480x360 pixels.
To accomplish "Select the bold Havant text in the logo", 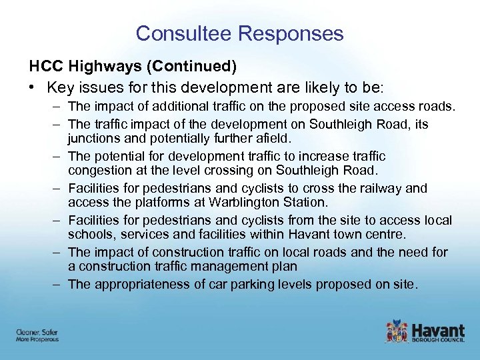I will pyautogui.click(x=437, y=329).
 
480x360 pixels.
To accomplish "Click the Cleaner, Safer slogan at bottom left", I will pyautogui.click(x=37, y=332).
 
